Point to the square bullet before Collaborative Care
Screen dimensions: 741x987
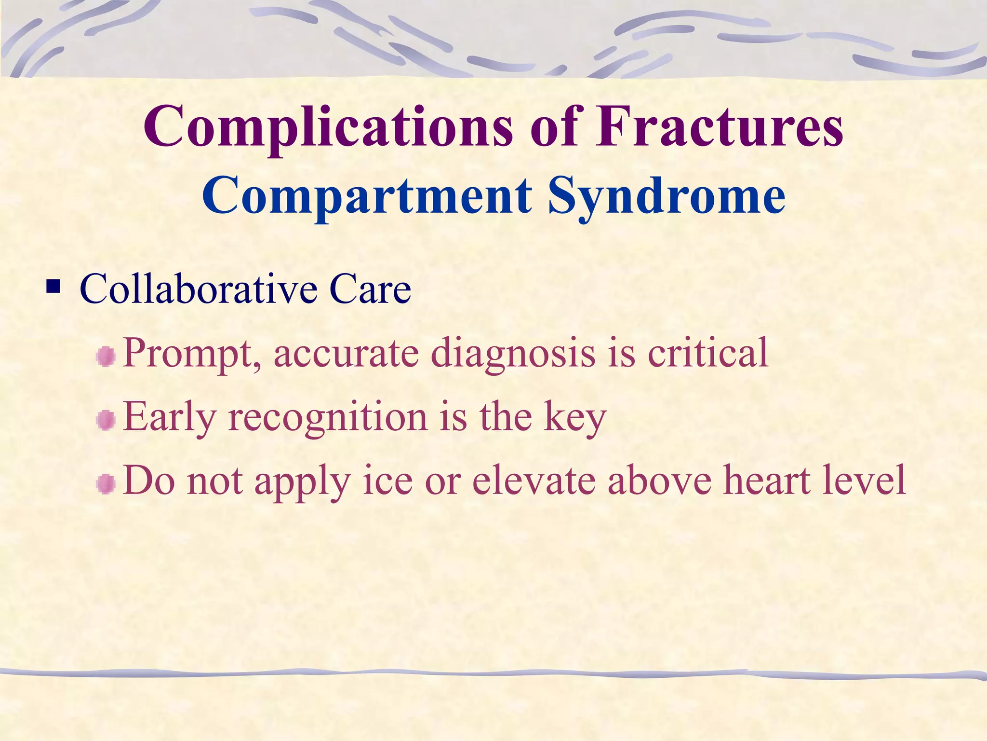[x=53, y=288]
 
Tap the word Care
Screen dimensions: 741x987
[x=370, y=289]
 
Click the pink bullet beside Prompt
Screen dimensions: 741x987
[x=106, y=357]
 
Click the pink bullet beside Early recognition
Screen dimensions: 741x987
[x=106, y=421]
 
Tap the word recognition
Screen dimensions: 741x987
[x=328, y=417]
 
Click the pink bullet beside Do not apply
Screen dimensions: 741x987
[x=106, y=484]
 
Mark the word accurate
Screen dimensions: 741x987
[x=347, y=353]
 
